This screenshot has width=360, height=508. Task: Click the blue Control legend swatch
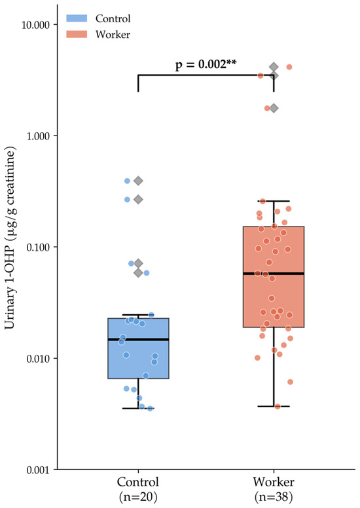click(x=77, y=18)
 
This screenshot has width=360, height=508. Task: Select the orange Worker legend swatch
click(x=77, y=34)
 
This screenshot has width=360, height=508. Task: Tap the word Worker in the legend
click(x=113, y=35)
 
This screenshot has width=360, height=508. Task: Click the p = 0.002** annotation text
click(x=206, y=64)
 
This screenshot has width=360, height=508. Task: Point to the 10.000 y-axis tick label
click(x=35, y=25)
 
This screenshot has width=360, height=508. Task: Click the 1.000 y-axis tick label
click(x=37, y=136)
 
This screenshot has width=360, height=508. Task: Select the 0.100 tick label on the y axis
click(x=37, y=247)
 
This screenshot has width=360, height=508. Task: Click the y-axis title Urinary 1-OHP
click(x=10, y=238)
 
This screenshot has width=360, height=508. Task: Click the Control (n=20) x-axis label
click(x=138, y=488)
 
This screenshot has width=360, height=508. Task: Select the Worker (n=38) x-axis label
click(x=274, y=488)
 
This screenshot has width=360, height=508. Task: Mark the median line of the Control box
click(x=138, y=340)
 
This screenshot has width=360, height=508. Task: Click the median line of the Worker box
click(x=274, y=274)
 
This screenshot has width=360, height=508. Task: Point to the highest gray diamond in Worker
click(x=274, y=67)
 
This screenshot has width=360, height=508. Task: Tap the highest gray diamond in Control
click(x=138, y=181)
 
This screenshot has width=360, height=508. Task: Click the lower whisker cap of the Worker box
click(x=274, y=407)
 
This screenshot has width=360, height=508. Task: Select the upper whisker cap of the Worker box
click(x=274, y=201)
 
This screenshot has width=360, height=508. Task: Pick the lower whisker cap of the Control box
click(x=138, y=408)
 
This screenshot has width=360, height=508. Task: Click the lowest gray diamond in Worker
click(x=274, y=108)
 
